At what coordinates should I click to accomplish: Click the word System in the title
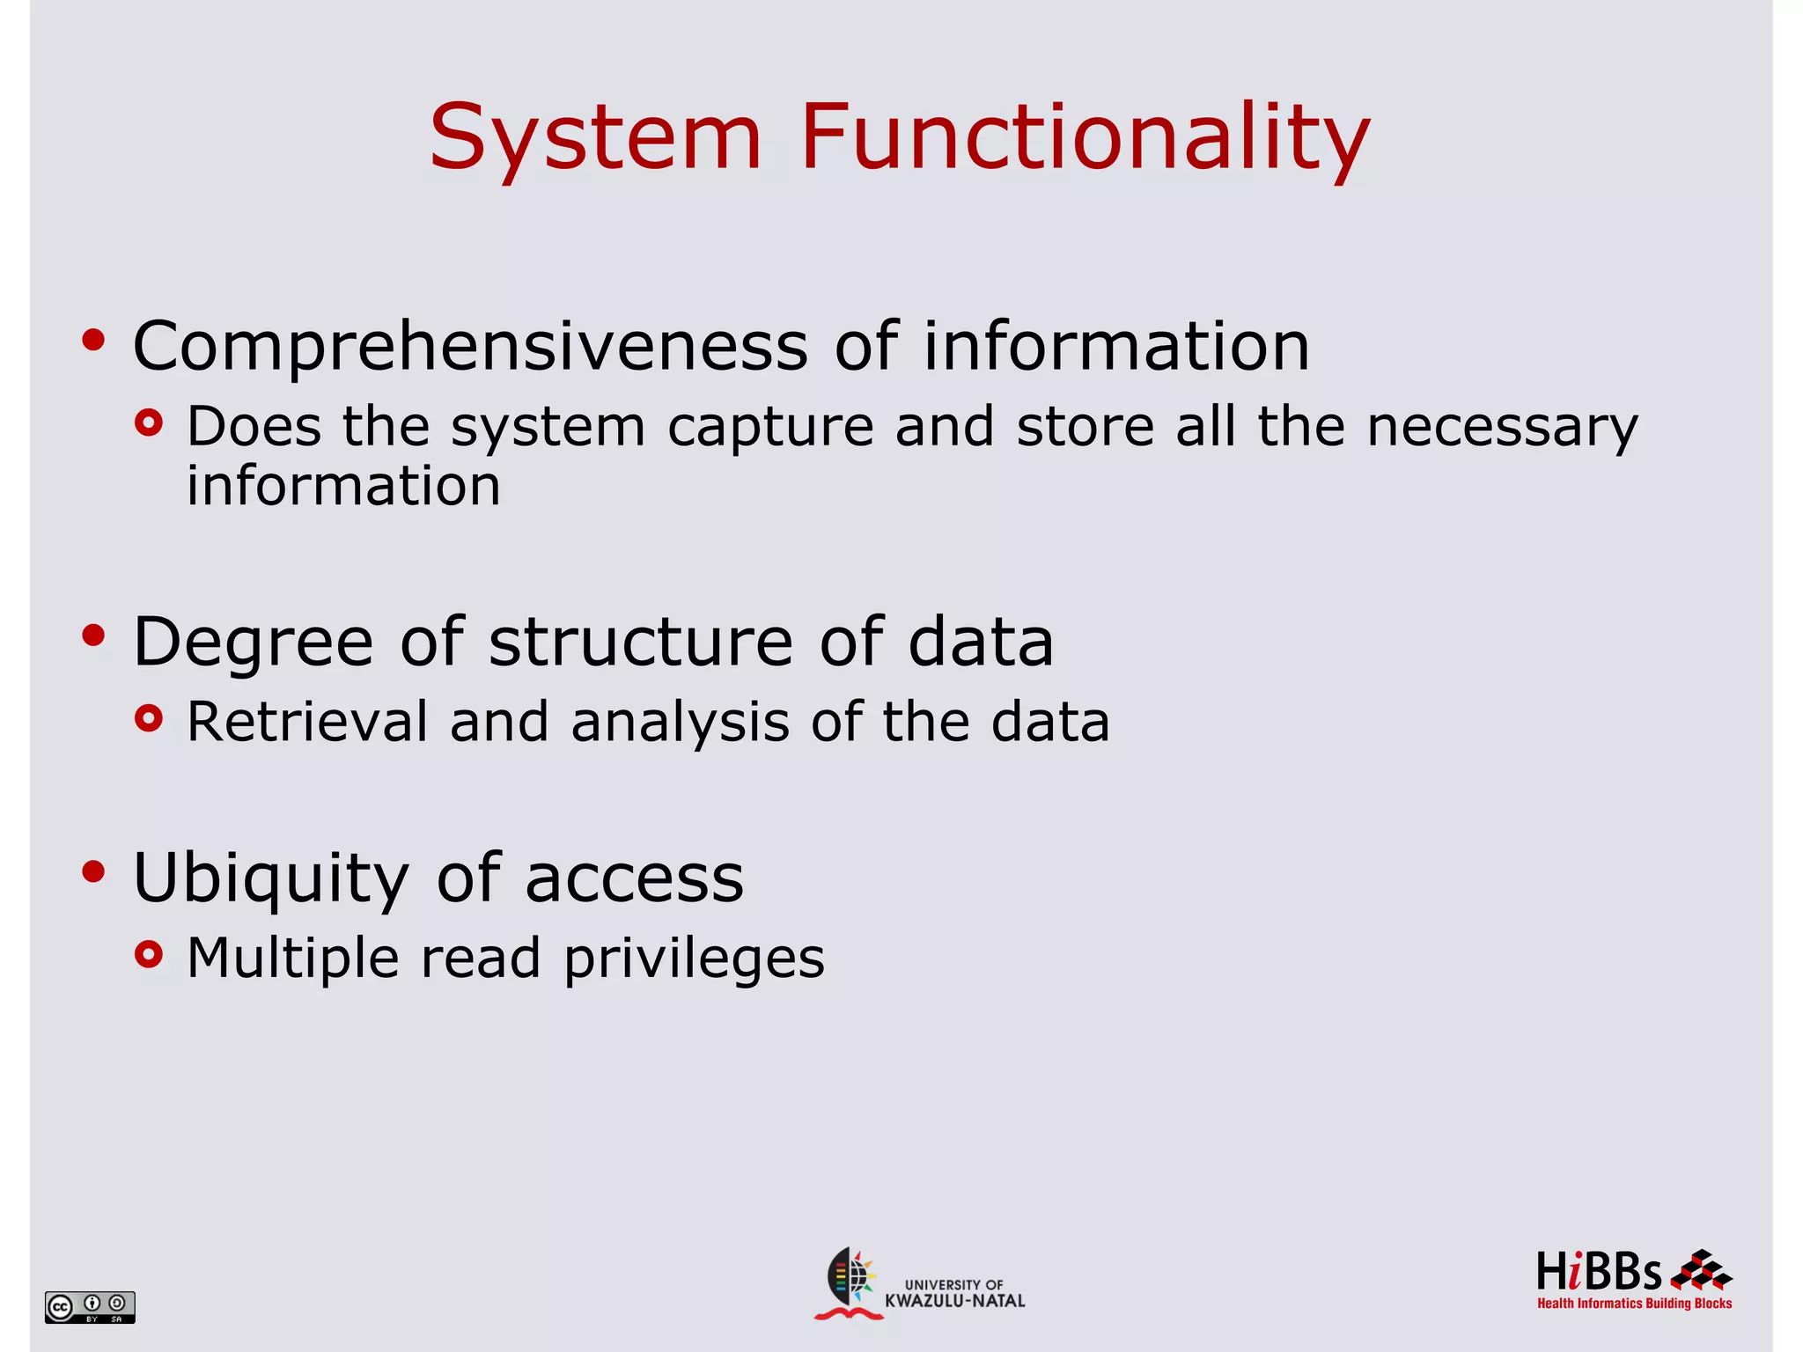pyautogui.click(x=595, y=138)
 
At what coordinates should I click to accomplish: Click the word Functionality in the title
pyautogui.click(x=1085, y=138)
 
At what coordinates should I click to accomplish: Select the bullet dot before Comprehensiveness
pyautogui.click(x=93, y=340)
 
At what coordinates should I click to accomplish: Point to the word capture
pyautogui.click(x=770, y=428)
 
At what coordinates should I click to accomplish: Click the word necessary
pyautogui.click(x=1502, y=428)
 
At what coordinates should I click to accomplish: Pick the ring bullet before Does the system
pyautogui.click(x=150, y=423)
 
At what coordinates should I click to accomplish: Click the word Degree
pyautogui.click(x=253, y=643)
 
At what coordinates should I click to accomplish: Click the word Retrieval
pyautogui.click(x=307, y=722)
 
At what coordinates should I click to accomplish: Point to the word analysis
pyautogui.click(x=680, y=724)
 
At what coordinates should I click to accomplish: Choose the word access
pyautogui.click(x=634, y=878)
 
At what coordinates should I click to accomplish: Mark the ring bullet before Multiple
pyautogui.click(x=150, y=954)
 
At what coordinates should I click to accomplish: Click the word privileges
pyautogui.click(x=694, y=959)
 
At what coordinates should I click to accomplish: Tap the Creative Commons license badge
pyautogui.click(x=90, y=1307)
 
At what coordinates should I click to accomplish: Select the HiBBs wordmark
pyautogui.click(x=1599, y=1272)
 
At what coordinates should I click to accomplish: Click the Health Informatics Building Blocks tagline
pyautogui.click(x=1634, y=1304)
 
